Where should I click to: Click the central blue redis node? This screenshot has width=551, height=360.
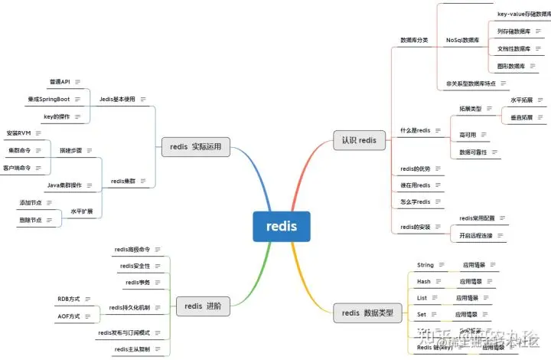282,226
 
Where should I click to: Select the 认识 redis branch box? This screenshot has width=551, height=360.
359,140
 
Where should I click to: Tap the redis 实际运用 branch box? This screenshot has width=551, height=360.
196,146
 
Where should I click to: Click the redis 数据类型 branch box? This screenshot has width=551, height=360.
367,312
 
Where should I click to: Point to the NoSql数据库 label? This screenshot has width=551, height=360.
462,40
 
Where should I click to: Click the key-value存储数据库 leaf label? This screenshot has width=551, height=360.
523,14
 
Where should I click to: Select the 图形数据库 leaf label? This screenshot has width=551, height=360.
511,67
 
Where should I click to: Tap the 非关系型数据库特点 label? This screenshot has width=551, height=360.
471,83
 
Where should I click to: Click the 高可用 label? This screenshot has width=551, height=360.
468,135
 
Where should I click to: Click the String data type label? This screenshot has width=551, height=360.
425,265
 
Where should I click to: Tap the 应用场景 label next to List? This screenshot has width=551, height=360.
468,298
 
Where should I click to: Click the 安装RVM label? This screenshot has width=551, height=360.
18,133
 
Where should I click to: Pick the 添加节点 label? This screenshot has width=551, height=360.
32,202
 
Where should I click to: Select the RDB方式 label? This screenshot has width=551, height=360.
68,298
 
